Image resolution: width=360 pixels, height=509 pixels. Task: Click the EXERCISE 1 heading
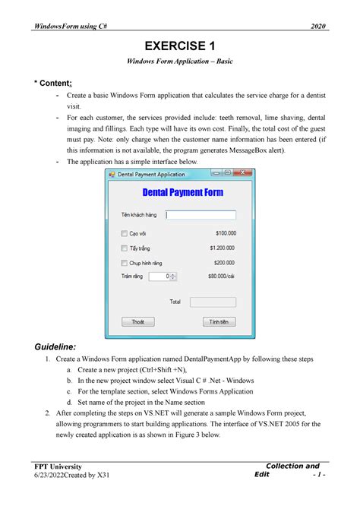(179, 46)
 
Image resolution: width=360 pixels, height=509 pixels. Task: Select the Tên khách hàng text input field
(201, 215)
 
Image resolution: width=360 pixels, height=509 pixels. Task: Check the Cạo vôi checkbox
(124, 233)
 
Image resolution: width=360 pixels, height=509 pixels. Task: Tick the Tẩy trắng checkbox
(124, 248)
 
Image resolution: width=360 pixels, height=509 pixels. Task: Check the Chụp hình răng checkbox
(124, 263)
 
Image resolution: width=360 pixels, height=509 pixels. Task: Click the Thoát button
(137, 322)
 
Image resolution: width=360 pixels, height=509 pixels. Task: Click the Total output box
(212, 302)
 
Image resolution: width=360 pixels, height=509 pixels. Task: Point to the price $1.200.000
(222, 248)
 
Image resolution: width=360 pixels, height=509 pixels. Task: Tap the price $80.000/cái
(220, 277)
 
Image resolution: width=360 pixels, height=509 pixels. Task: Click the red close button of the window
(242, 174)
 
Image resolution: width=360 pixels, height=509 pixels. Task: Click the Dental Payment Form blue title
(182, 193)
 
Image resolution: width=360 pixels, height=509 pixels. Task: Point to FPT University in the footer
(56, 466)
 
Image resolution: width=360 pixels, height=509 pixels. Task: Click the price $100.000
(225, 233)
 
